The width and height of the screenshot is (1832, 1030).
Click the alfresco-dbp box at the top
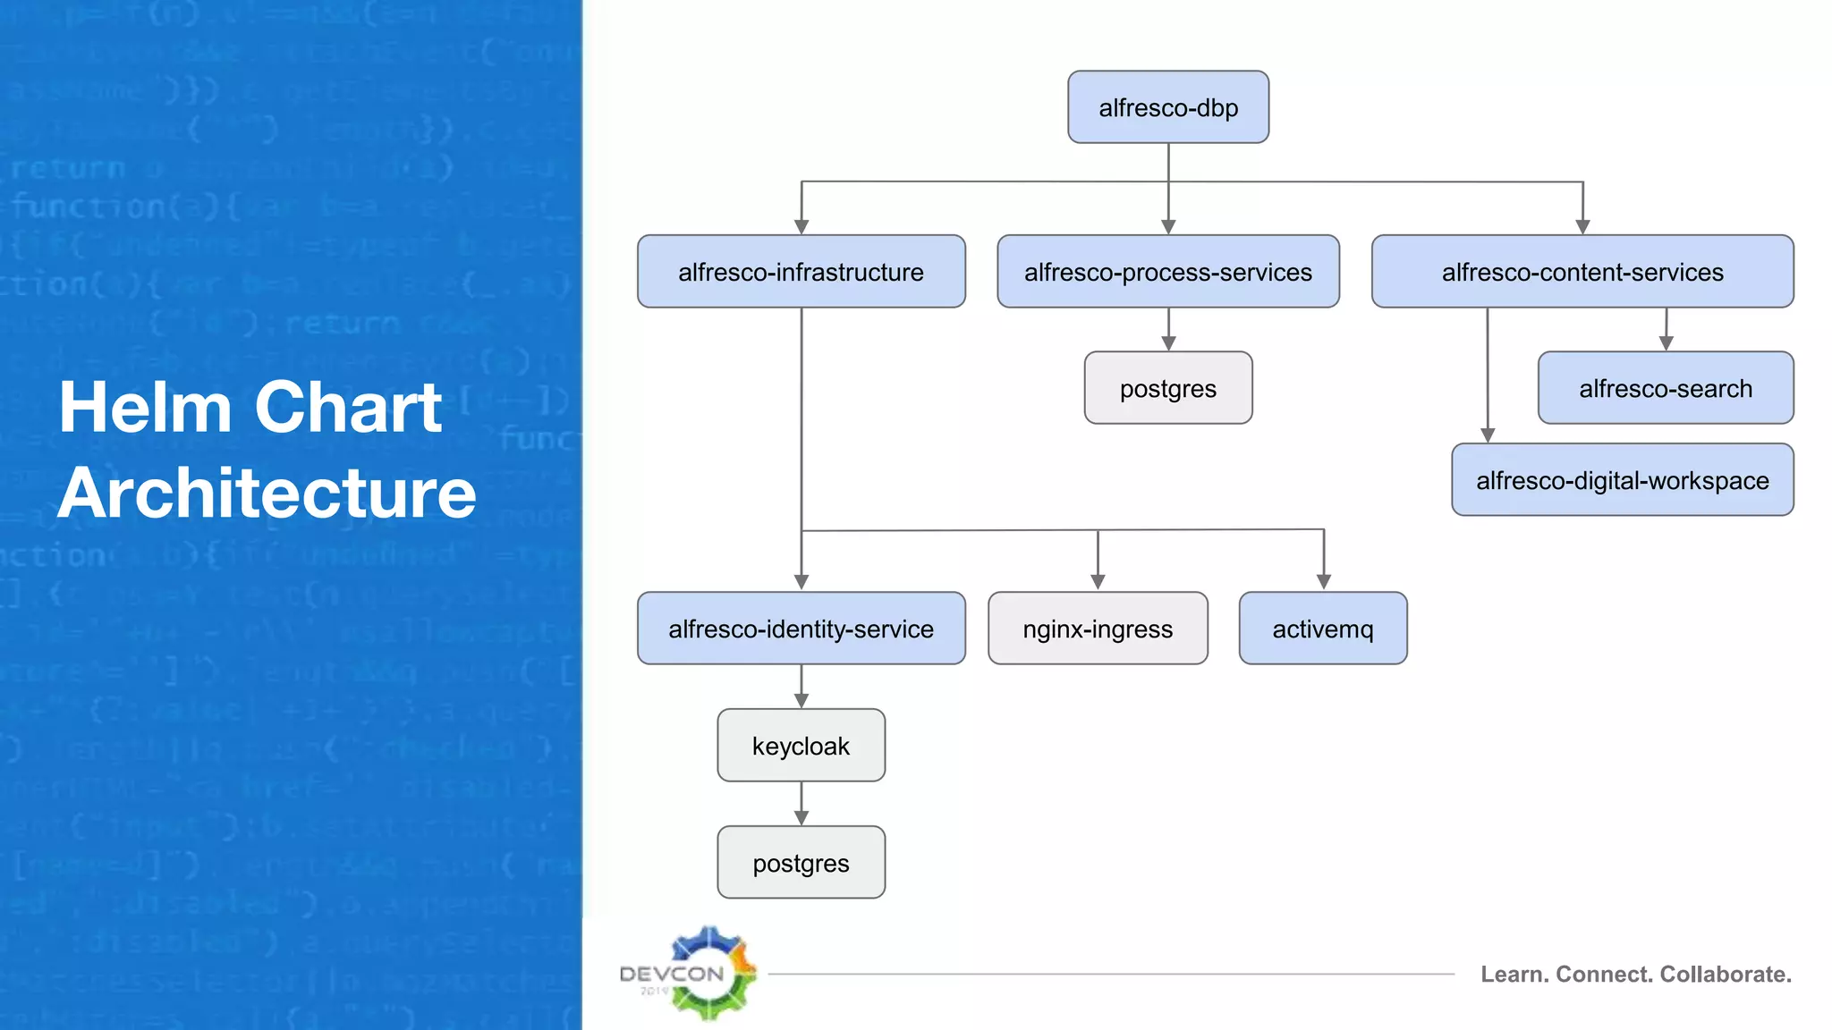point(1168,107)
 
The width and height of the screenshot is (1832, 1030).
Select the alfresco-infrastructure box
point(801,272)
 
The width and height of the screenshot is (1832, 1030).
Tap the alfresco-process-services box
point(1168,272)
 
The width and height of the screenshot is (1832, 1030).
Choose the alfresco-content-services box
point(1582,272)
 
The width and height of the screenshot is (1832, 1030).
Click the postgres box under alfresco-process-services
point(1168,388)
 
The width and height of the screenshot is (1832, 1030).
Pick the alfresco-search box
point(1666,388)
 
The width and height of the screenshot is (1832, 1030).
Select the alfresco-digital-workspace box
point(1622,480)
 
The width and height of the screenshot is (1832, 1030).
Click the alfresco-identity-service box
point(801,629)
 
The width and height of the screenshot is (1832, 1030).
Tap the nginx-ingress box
point(1098,629)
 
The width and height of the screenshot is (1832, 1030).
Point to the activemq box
point(1323,629)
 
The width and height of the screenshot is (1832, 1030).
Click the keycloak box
point(801,746)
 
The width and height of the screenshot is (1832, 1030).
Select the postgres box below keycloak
point(801,863)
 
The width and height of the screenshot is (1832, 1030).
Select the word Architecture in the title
point(267,494)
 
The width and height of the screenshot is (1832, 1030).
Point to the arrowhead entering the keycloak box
point(801,701)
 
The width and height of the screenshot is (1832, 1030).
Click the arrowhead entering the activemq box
point(1324,582)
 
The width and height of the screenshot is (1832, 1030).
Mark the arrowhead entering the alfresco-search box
point(1666,343)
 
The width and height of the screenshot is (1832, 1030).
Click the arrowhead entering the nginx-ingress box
point(1098,582)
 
